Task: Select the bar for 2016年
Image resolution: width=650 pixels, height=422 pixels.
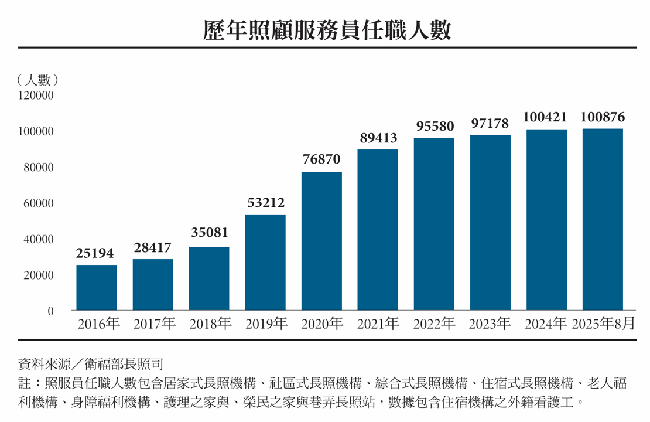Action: point(97,288)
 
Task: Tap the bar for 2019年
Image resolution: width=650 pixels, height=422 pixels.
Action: point(265,263)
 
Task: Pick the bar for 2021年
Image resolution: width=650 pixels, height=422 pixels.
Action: point(378,230)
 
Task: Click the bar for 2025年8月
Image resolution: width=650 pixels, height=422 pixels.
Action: point(603,220)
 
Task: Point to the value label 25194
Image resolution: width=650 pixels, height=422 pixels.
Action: point(95,253)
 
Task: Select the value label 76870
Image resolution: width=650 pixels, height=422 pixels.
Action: point(321,159)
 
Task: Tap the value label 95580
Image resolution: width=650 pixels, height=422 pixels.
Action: point(434,125)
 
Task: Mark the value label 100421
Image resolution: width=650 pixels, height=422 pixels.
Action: point(546,117)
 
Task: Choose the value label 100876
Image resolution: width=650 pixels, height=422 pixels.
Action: point(603,117)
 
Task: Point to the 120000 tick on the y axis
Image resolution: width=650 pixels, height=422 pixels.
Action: point(36,96)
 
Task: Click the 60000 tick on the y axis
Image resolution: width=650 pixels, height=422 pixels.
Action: point(39,203)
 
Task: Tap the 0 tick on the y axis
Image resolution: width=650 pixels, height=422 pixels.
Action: point(50,311)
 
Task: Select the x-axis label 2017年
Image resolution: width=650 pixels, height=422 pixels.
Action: point(154,324)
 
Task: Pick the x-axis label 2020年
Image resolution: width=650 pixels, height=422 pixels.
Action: point(322,324)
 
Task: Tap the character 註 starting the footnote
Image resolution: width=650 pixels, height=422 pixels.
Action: point(25,384)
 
